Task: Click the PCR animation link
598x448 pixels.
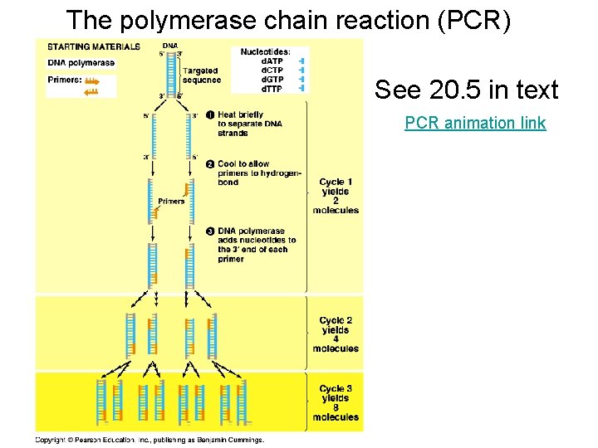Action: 475,124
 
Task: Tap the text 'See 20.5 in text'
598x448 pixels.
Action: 467,90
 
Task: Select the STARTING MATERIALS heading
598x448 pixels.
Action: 93,47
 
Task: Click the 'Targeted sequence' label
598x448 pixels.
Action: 203,75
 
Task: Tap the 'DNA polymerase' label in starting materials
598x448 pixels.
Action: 81,63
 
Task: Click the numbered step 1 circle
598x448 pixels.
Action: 210,114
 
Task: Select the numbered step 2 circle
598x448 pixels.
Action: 210,164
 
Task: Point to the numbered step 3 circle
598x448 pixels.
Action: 210,231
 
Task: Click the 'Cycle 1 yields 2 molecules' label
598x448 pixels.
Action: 336,196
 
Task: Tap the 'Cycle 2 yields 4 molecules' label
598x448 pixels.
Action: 336,334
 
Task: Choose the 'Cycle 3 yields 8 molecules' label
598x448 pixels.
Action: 336,402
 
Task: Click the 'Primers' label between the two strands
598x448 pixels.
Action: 171,202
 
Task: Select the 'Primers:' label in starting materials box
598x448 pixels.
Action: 64,81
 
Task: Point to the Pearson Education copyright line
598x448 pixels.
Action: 149,440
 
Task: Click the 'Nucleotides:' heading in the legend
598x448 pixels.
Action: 265,51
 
